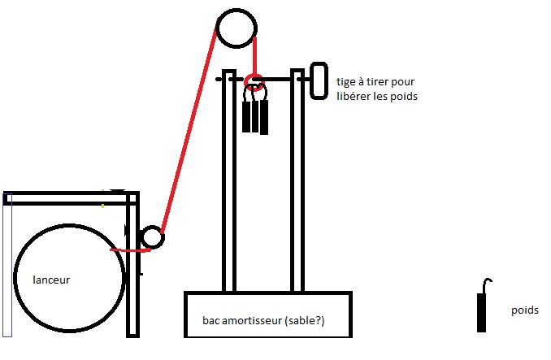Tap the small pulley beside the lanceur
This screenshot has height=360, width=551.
coord(152,237)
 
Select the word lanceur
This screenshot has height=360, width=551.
coord(51,280)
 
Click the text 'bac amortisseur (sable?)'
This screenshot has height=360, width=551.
coord(263,321)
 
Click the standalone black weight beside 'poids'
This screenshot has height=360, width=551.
coord(482,312)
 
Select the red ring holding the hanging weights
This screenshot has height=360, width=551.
coord(254,80)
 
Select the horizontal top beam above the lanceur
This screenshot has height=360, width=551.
coord(69,197)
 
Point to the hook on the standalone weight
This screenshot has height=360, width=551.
coord(486,284)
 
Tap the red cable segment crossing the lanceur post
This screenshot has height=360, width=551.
coord(130,249)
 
